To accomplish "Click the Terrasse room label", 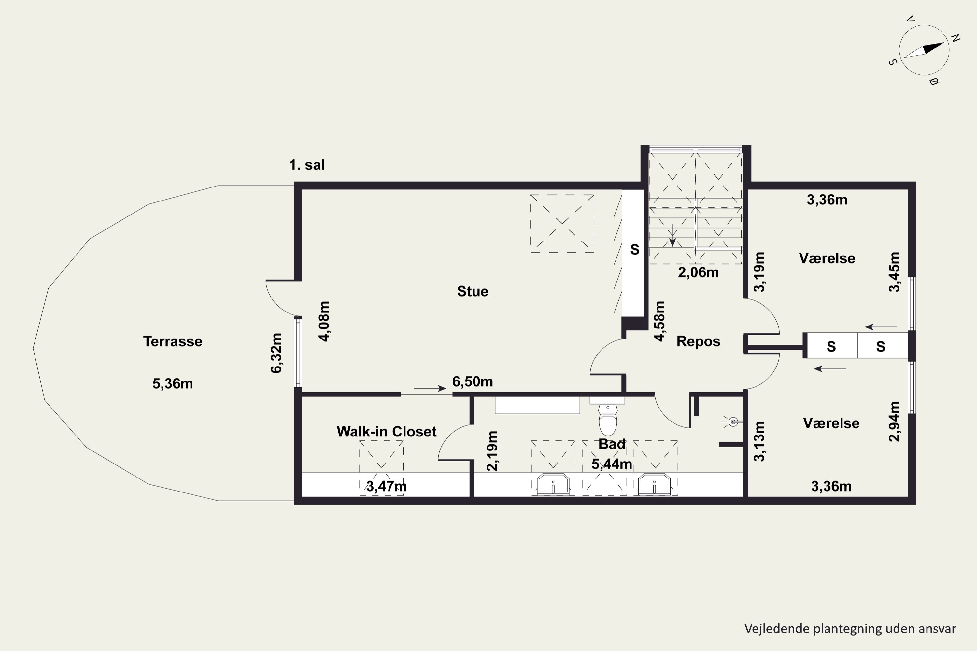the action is pos(173,341).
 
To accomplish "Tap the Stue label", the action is pos(473,291).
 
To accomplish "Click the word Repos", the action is pos(698,341).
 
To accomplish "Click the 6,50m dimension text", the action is pos(473,381).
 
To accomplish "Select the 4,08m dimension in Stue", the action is pos(324,321).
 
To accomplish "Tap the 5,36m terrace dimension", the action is pos(173,384).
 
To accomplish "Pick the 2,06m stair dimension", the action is pos(698,272).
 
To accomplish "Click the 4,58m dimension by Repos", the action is pos(660,321).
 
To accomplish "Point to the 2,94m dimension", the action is pos(894,422).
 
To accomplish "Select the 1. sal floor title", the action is pos(307,165).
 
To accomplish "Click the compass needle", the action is pos(924,50).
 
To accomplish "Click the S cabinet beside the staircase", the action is pos(633,253).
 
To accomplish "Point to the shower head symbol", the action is pos(733,422).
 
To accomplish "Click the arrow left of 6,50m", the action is pos(430,389).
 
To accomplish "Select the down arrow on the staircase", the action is pos(672,235).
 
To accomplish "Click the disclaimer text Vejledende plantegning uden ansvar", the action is pos(850,629).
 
